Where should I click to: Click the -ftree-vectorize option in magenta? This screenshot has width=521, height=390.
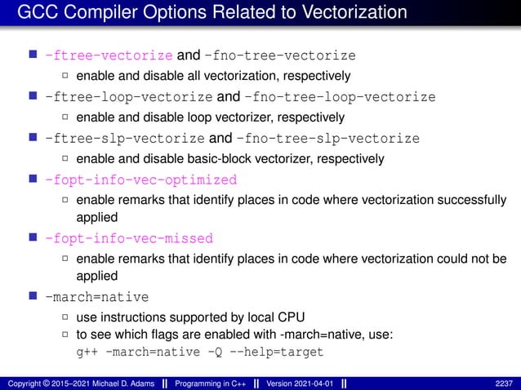(x=109, y=56)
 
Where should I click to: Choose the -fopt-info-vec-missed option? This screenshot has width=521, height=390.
(x=129, y=239)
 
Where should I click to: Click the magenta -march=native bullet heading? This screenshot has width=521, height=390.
(x=97, y=298)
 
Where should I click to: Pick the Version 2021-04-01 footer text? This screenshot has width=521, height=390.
(x=297, y=383)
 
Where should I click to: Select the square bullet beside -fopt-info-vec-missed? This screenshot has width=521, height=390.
(x=33, y=238)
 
